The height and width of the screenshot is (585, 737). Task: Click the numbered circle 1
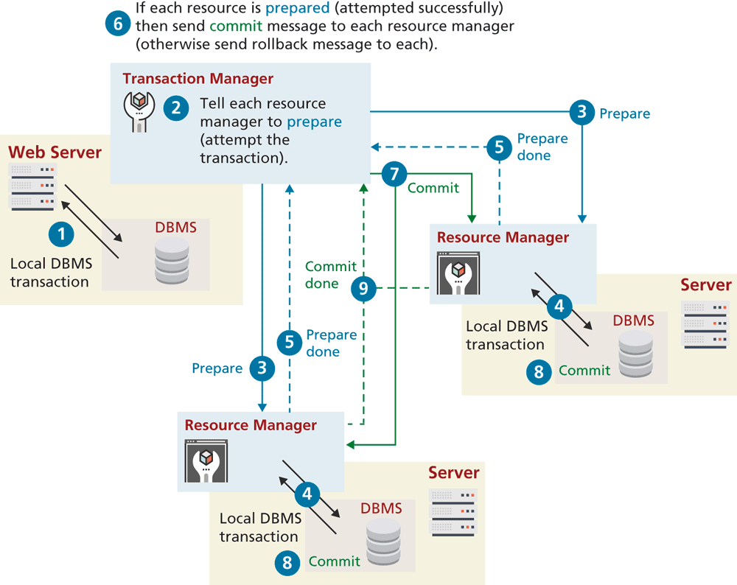tap(62, 234)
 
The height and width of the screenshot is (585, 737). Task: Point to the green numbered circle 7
tap(395, 175)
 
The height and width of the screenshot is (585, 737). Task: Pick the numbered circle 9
tap(363, 289)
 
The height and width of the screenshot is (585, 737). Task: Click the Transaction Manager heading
tap(198, 79)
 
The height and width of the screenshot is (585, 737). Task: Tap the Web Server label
tap(55, 153)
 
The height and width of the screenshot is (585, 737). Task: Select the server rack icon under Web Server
tap(32, 187)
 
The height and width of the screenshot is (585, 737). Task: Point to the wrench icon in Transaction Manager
tap(139, 111)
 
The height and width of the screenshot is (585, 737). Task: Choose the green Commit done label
tap(330, 275)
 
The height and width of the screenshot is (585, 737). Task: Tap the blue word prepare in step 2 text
tap(314, 122)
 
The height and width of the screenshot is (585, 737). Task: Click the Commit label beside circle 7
tap(433, 188)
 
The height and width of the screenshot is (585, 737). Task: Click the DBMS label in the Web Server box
tap(175, 228)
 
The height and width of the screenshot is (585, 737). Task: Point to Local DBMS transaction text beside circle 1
tap(49, 273)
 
